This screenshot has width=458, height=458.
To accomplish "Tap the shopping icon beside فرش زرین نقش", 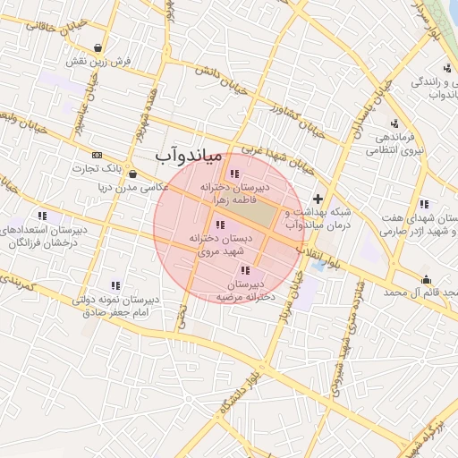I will (x=98, y=48).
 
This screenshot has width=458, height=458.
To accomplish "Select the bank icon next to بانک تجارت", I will (x=97, y=155).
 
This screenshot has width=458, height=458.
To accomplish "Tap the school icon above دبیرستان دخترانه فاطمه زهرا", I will (x=234, y=174).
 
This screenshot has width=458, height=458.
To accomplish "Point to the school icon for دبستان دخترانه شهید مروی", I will (x=220, y=225).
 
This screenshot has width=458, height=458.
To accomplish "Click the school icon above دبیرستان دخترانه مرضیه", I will (x=245, y=269).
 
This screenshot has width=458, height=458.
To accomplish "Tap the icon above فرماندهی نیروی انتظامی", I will (x=394, y=123).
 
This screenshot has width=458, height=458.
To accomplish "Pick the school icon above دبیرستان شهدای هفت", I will (x=424, y=204).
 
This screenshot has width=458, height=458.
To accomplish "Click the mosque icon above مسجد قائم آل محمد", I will (x=426, y=278).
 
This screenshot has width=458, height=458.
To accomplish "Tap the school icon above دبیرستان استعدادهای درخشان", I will (x=42, y=216).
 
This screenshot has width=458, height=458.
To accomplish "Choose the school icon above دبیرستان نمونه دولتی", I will (x=114, y=284).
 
